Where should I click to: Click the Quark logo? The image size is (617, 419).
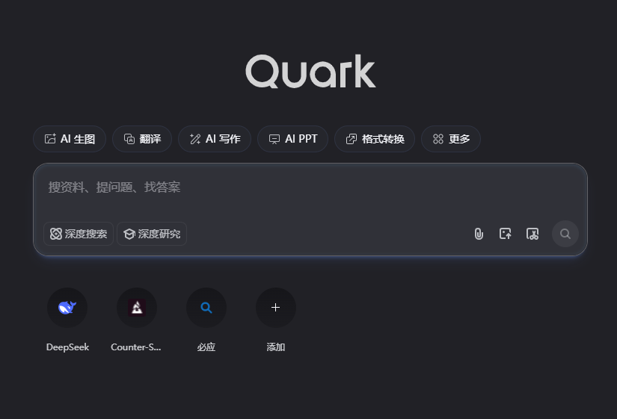click(310, 72)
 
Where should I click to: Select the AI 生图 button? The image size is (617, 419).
click(70, 139)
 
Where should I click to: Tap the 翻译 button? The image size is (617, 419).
click(142, 139)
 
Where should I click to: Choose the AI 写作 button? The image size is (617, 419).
click(215, 139)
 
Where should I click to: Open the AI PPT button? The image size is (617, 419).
click(292, 139)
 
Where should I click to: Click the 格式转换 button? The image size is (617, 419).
click(375, 139)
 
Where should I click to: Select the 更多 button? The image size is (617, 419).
click(451, 139)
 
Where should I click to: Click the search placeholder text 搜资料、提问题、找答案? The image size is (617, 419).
click(114, 187)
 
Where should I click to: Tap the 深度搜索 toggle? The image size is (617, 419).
click(79, 234)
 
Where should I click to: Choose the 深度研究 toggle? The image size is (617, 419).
click(152, 234)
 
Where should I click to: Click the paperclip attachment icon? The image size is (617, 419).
click(479, 234)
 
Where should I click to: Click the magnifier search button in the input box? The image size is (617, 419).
click(565, 234)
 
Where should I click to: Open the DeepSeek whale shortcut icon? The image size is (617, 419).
click(67, 307)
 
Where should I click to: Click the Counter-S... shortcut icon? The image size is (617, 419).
click(137, 307)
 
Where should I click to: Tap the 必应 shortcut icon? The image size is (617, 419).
click(206, 307)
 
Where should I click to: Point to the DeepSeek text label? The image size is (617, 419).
click(67, 347)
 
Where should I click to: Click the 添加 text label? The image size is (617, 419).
click(276, 347)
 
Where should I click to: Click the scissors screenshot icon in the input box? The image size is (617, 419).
click(532, 234)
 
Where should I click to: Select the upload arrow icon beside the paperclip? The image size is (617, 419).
click(506, 234)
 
